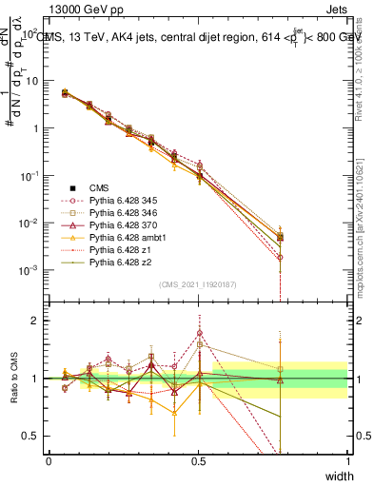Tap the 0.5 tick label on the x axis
(x=198, y=460)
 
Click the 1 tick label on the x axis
(x=347, y=460)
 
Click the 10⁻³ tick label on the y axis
(x=28, y=270)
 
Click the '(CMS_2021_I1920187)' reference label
(x=198, y=284)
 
